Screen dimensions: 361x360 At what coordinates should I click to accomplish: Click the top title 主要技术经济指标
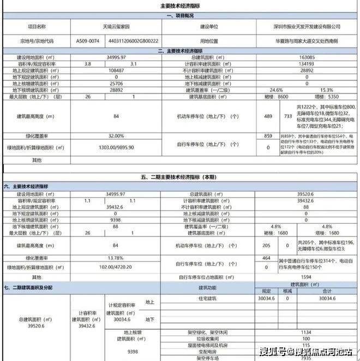point(179,6)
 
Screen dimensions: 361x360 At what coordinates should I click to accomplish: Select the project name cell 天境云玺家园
point(116,26)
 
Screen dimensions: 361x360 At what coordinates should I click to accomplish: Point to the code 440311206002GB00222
point(134,41)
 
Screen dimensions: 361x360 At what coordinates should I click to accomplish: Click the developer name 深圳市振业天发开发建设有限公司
point(307,26)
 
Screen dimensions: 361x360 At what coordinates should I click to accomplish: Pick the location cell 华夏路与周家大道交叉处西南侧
point(307,41)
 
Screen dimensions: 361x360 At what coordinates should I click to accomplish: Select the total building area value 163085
point(307,57)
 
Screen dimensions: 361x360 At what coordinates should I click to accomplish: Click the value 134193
point(307,64)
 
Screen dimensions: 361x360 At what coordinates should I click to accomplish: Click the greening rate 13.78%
point(116,257)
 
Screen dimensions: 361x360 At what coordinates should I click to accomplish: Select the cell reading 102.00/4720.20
point(116,267)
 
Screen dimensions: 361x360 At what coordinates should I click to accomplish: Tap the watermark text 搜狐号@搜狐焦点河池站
point(305,351)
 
